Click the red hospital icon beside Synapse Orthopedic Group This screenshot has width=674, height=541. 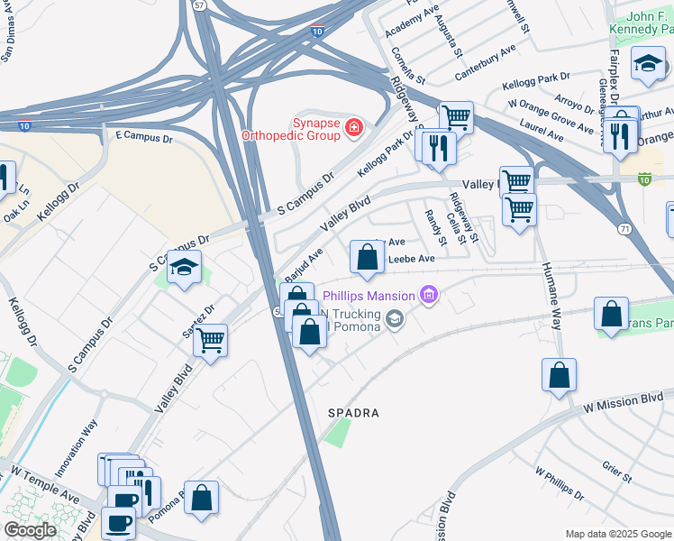click(x=354, y=128)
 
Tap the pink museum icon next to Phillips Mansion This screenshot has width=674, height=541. click(x=430, y=296)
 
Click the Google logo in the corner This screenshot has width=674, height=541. click(x=31, y=530)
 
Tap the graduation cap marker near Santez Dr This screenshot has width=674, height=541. click(x=184, y=268)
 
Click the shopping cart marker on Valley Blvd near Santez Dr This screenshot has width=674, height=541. click(x=210, y=341)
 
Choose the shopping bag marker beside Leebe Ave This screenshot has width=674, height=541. click(x=367, y=258)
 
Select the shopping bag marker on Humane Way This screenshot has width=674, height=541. click(x=559, y=374)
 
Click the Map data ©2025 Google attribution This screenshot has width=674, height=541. click(x=617, y=534)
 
